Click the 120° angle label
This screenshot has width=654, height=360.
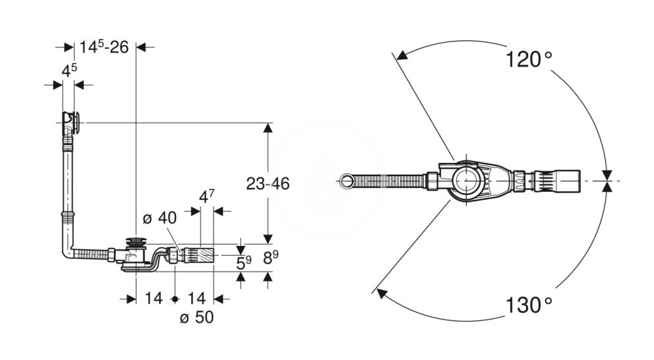tap(529, 59)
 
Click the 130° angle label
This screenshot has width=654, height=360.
tap(529, 305)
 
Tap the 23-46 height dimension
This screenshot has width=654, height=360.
tap(268, 183)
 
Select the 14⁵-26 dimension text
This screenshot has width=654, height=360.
tap(104, 47)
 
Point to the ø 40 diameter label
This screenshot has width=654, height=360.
tap(160, 218)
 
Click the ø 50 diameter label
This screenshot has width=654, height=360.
tap(196, 317)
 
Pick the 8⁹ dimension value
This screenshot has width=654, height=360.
tap(271, 257)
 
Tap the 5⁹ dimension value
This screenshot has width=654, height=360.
tap(244, 263)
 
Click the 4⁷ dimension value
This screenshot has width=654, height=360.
tap(207, 196)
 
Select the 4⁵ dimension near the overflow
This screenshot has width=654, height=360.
tap(69, 71)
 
